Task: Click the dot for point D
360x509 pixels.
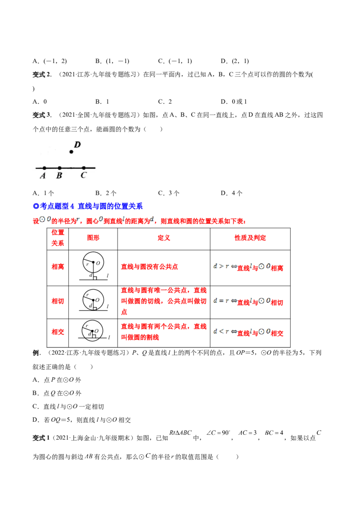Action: click(71, 152)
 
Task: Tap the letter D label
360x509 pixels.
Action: click(77, 144)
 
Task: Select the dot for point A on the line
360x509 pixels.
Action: click(44, 168)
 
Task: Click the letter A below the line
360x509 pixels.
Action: click(43, 176)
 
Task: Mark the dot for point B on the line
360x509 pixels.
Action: click(59, 168)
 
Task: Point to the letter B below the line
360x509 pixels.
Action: click(59, 176)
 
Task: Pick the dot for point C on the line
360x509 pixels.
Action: click(84, 168)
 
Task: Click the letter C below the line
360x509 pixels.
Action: click(83, 176)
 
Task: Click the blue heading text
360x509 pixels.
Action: click(88, 206)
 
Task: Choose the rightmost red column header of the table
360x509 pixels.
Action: click(250, 238)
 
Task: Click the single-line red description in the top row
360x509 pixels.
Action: click(150, 267)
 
